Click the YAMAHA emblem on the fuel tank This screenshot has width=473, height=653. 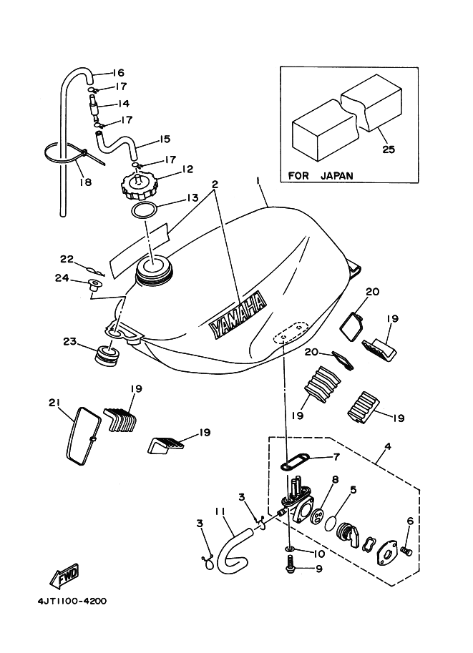click(x=237, y=315)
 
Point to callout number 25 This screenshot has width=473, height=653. click(x=389, y=150)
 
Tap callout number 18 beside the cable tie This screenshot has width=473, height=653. click(x=86, y=182)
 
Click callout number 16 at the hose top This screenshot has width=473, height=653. click(x=118, y=73)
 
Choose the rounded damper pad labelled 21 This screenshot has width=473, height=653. click(x=81, y=433)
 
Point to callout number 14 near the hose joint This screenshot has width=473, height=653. click(x=124, y=104)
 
